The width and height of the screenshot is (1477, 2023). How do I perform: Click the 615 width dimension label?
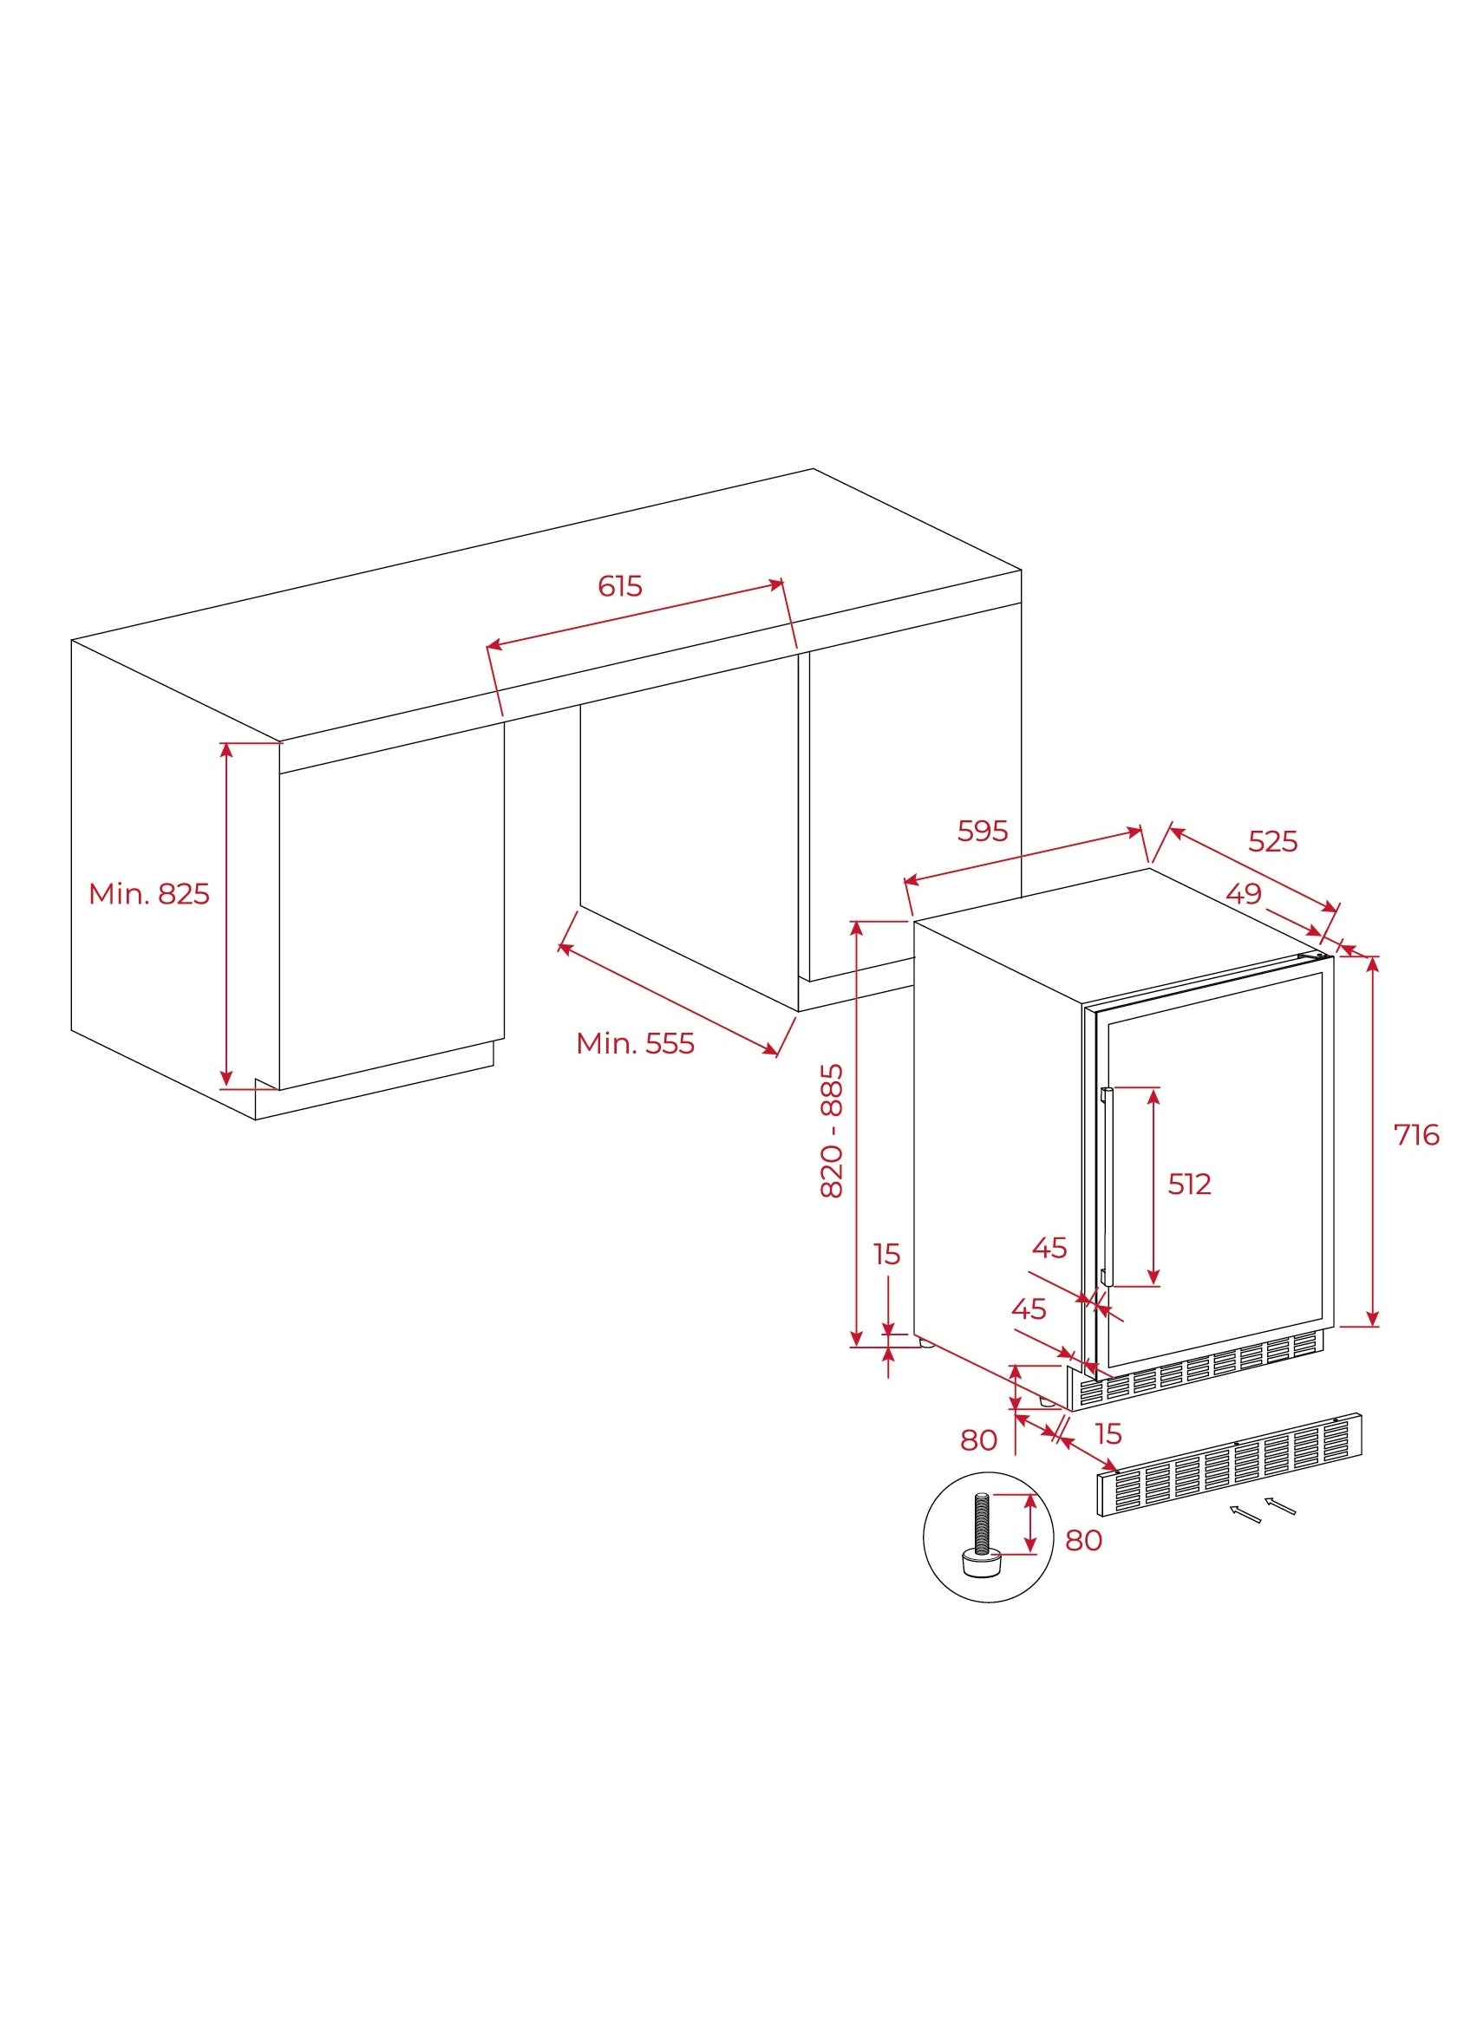619,585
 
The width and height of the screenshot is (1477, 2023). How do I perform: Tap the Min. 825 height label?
149,893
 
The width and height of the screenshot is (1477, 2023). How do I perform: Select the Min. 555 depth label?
635,1043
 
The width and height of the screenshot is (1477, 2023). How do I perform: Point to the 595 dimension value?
983,831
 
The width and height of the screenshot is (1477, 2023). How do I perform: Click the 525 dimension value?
1272,841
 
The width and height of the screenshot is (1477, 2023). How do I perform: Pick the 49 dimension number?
1244,893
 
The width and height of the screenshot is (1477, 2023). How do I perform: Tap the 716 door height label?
1416,1134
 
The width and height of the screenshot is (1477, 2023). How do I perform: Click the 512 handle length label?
1189,1184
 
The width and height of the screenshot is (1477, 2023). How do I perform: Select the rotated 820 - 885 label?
832,1130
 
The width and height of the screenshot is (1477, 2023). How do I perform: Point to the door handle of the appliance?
1106,1187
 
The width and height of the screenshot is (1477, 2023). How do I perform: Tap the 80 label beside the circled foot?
1083,1540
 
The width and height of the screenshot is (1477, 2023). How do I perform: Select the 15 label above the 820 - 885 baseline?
887,1254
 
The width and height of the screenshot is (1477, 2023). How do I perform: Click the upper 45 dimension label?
1049,1248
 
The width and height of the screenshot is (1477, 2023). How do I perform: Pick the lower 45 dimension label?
1029,1308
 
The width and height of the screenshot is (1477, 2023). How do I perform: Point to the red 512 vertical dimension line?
1153,1186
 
